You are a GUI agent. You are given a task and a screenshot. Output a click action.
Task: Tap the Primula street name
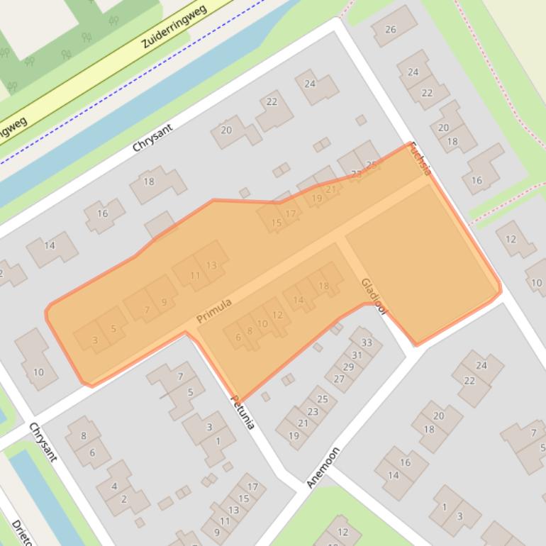pyautogui.click(x=214, y=311)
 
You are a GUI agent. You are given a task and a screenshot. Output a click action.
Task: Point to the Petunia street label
pyautogui.click(x=242, y=412)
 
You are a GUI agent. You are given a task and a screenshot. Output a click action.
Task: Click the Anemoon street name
pyautogui.click(x=323, y=467)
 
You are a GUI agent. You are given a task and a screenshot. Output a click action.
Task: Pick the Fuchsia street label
pyautogui.click(x=420, y=159)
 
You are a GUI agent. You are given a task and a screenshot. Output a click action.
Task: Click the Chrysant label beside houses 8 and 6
pyautogui.click(x=43, y=442)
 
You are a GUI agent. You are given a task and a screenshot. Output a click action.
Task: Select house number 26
pyautogui.click(x=391, y=29)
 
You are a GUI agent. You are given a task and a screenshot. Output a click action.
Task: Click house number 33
pyautogui.click(x=366, y=343)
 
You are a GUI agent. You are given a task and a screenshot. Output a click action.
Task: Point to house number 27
pyautogui.click(x=339, y=379)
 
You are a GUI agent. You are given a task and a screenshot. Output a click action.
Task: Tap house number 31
pyautogui.click(x=357, y=355)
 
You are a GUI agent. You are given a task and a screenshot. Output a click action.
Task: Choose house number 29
pyautogui.click(x=348, y=367)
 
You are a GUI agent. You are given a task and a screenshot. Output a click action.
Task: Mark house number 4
pyautogui.click(x=114, y=486)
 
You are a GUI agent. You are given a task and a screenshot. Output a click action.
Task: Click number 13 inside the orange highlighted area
pyautogui.click(x=211, y=265)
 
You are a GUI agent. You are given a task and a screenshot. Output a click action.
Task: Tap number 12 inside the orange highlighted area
pyautogui.click(x=277, y=315)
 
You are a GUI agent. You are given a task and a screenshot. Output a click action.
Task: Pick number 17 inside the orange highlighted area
pyautogui.click(x=290, y=213)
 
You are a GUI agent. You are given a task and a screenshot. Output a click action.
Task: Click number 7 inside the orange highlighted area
pyautogui.click(x=147, y=310)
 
